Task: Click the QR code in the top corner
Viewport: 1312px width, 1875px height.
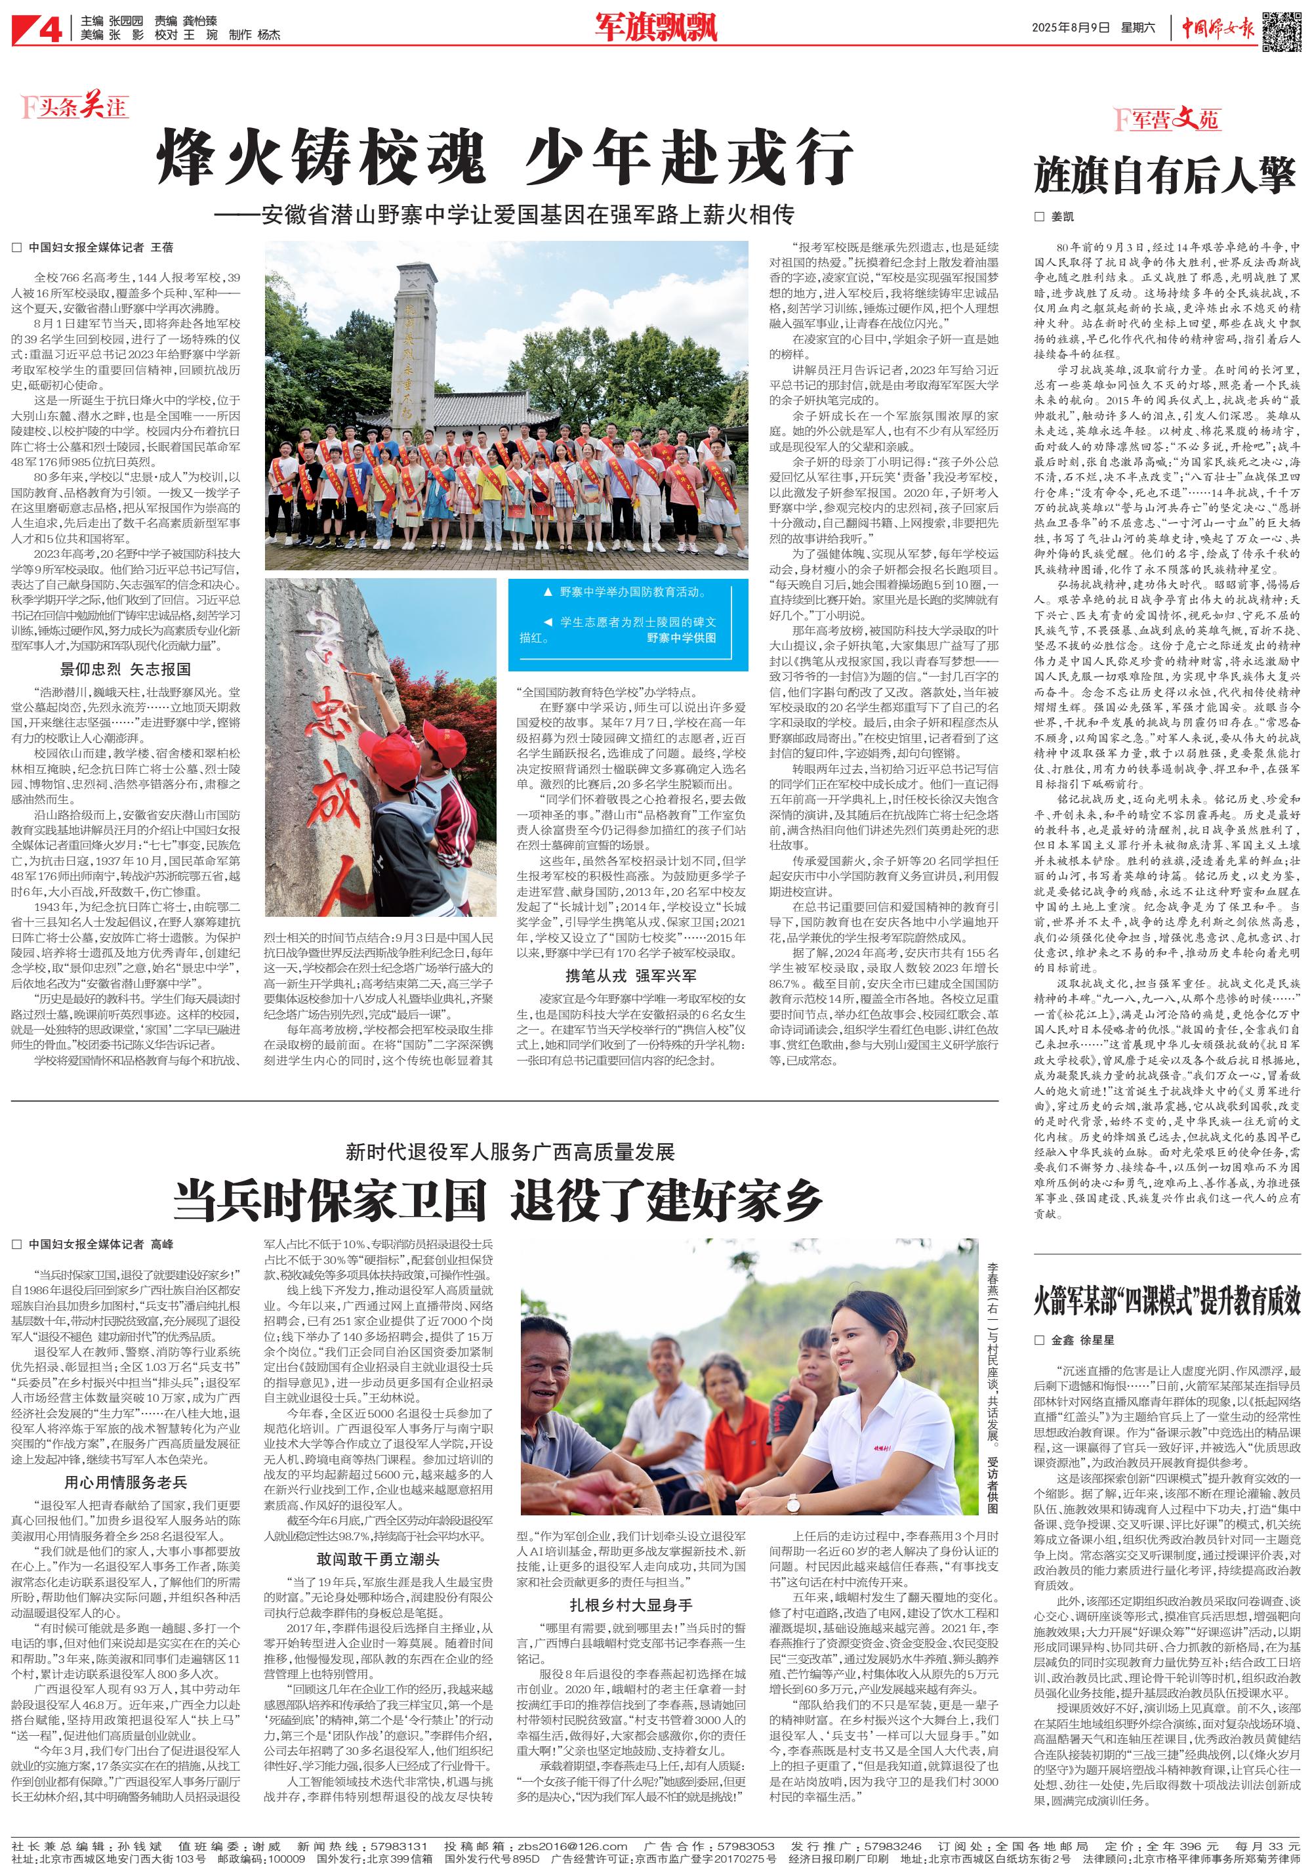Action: pyautogui.click(x=1281, y=30)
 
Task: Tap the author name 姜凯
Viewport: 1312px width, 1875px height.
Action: pyautogui.click(x=1062, y=217)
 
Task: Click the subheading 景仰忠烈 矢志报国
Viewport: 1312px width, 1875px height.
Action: pyautogui.click(x=126, y=669)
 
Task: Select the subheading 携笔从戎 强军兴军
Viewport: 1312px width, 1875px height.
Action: pyautogui.click(x=631, y=975)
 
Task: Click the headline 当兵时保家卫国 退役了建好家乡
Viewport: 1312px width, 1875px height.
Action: pyautogui.click(x=497, y=1200)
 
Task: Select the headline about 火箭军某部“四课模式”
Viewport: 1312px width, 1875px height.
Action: pyautogui.click(x=1166, y=1301)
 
